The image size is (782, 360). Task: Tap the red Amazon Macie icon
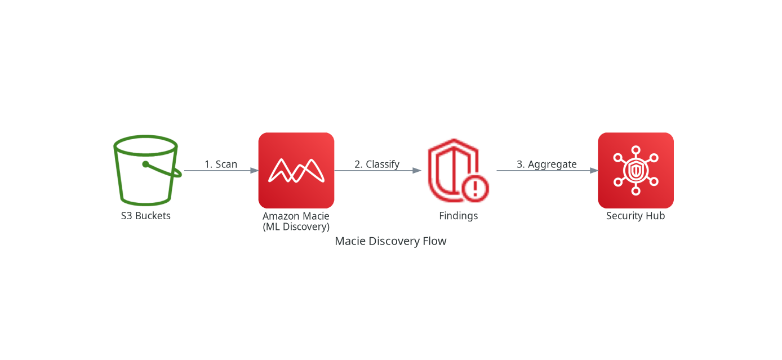[296, 170]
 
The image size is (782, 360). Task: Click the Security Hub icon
[636, 170]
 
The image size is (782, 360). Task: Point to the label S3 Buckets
[145, 216]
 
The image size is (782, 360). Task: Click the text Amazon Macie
[296, 216]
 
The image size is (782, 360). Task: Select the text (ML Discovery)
[296, 226]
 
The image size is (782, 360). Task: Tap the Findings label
[459, 216]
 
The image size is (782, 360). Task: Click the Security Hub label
[636, 216]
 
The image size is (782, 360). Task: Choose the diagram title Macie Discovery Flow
[390, 241]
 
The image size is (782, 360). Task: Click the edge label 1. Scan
[221, 164]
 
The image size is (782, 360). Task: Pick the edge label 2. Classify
[377, 164]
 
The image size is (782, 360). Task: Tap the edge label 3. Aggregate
[546, 164]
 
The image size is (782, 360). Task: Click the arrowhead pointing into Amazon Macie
[255, 170]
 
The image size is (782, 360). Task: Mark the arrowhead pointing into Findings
[417, 170]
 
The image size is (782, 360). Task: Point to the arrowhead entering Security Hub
[594, 170]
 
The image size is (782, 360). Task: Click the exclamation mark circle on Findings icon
[475, 189]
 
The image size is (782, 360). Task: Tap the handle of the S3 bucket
[163, 170]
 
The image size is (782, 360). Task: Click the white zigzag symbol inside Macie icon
[296, 170]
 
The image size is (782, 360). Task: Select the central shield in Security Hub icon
[636, 170]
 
